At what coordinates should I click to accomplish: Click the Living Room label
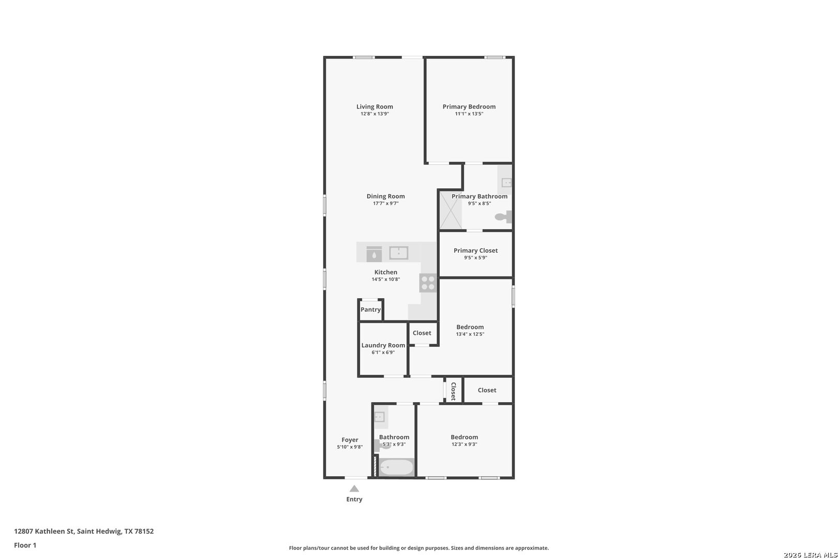point(375,107)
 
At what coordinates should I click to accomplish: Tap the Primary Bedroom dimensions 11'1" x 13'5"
point(469,114)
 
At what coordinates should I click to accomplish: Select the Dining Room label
point(386,196)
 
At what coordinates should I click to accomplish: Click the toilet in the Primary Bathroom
point(503,217)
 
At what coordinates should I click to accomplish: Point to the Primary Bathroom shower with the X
point(451,210)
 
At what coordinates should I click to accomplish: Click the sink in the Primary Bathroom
point(506,183)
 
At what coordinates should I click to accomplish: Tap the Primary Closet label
point(476,251)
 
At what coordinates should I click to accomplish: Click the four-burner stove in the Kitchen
point(428,283)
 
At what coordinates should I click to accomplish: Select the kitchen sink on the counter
point(399,253)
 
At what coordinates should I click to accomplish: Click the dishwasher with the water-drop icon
point(374,254)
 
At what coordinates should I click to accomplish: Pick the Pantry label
point(371,310)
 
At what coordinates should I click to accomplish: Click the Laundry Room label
point(383,345)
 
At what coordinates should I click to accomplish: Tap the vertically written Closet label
point(454,391)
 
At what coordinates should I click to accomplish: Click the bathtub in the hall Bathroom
point(397,467)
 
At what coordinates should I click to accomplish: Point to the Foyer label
point(350,440)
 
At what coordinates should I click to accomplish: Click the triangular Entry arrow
point(354,489)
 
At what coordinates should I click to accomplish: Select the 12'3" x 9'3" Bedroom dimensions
point(465,445)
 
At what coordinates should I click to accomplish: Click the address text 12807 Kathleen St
point(44,531)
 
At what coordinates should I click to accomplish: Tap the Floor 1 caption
point(25,546)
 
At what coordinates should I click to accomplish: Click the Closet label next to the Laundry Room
point(422,333)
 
